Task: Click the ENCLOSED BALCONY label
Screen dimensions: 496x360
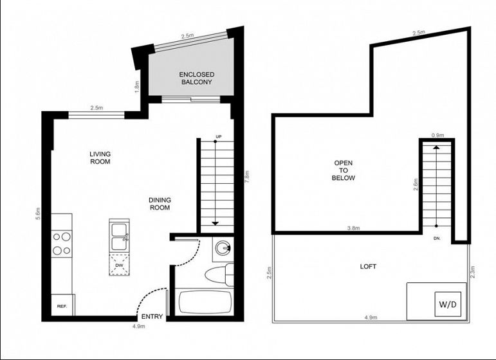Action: pyautogui.click(x=196, y=78)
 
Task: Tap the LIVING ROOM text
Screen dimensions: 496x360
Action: pyautogui.click(x=100, y=157)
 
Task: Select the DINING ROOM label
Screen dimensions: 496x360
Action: pyautogui.click(x=160, y=204)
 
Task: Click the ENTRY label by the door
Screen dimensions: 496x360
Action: pyautogui.click(x=152, y=316)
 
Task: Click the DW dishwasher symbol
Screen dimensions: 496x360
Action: pyautogui.click(x=119, y=264)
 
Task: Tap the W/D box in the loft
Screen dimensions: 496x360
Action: pyautogui.click(x=448, y=304)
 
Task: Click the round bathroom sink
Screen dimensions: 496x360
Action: pyautogui.click(x=223, y=248)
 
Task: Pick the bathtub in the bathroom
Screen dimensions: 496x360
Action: pyautogui.click(x=204, y=301)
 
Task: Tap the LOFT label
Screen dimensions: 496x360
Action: pyautogui.click(x=368, y=266)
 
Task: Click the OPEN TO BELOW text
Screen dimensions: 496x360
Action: pyautogui.click(x=344, y=170)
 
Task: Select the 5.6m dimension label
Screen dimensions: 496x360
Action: pyautogui.click(x=38, y=213)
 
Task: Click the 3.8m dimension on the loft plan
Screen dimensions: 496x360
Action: pyautogui.click(x=353, y=228)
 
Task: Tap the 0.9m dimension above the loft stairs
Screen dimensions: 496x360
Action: pyautogui.click(x=438, y=135)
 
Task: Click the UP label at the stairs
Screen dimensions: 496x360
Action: pyautogui.click(x=218, y=136)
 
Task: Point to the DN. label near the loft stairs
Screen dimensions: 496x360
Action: pyautogui.click(x=437, y=239)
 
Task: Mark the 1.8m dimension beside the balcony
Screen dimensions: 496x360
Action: pyautogui.click(x=137, y=87)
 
